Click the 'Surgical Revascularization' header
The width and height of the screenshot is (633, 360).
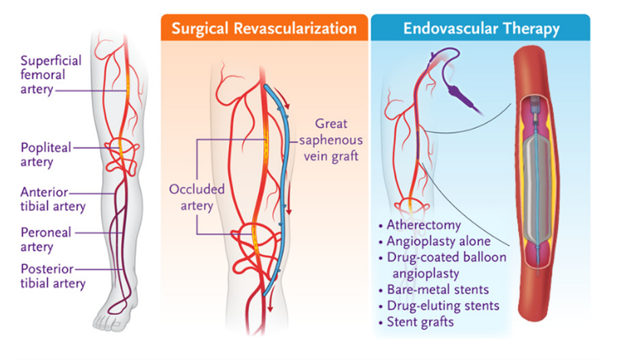click(264, 29)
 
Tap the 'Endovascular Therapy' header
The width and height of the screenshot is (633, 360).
click(480, 29)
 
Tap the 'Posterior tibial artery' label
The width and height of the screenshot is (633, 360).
click(53, 277)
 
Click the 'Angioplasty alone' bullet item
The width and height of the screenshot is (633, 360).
click(441, 241)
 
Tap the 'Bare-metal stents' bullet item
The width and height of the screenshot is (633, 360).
click(443, 290)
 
